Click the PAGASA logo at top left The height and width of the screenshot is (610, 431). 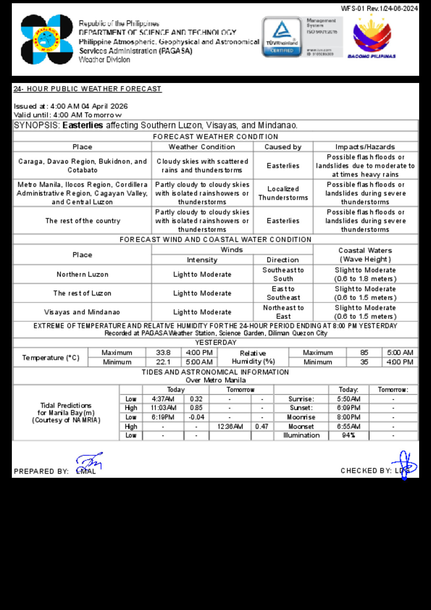[x=47, y=40]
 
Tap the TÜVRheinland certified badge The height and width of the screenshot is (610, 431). [x=282, y=37]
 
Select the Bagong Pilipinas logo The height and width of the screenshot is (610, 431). [x=372, y=38]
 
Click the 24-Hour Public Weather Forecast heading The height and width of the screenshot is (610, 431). [x=87, y=89]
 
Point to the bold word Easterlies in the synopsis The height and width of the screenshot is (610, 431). [x=83, y=125]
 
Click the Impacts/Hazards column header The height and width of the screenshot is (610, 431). [x=365, y=147]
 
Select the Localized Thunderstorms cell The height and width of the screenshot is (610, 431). [x=283, y=193]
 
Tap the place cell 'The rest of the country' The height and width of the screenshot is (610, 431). [x=83, y=221]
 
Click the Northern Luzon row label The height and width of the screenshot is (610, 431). [x=82, y=274]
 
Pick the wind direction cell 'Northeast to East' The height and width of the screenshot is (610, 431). [x=283, y=312]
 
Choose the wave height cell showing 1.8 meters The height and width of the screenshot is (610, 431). [x=365, y=274]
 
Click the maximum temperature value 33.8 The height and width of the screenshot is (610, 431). [x=163, y=353]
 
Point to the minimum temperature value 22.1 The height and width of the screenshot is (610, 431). [x=163, y=362]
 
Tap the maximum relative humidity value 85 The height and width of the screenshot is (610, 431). [x=364, y=353]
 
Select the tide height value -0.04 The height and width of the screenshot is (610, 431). [x=196, y=417]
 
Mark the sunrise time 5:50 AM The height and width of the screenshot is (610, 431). [x=348, y=399]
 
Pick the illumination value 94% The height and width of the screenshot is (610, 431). [x=348, y=435]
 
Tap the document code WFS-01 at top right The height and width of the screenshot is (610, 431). [x=379, y=8]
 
